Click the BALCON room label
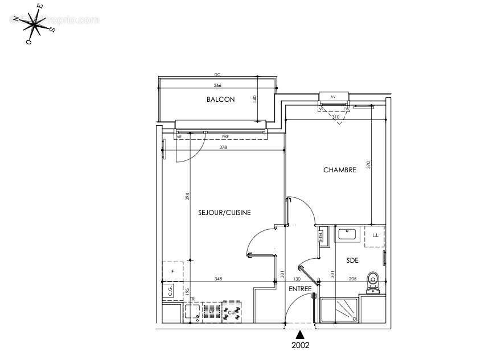click(x=220, y=99)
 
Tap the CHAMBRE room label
click(x=339, y=170)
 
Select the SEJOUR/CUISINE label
click(x=224, y=212)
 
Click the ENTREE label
click(x=300, y=289)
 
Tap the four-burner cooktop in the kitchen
click(x=232, y=312)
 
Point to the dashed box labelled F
click(x=172, y=272)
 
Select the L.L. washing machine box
click(x=375, y=235)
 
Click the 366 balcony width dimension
click(x=217, y=86)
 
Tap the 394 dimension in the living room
click(x=187, y=197)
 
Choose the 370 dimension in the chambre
click(x=369, y=165)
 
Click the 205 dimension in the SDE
click(x=353, y=279)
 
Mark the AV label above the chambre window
click(x=332, y=97)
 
